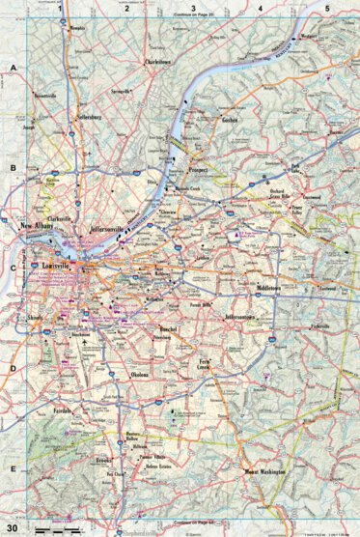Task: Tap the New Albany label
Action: tap(40, 228)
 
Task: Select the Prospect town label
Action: tap(200, 156)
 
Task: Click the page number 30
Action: tap(13, 527)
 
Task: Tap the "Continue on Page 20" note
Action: tap(193, 17)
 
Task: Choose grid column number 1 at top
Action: tap(60, 8)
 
